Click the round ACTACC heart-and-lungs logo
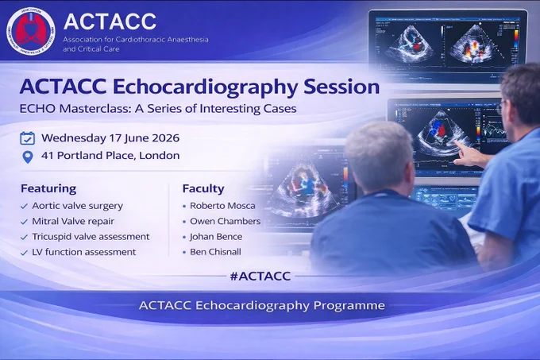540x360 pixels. click(30, 31)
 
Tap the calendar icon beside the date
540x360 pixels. click(27, 138)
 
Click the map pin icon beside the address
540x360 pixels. click(28, 157)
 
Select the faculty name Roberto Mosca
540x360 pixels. click(222, 206)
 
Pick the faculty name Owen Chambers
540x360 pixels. click(226, 221)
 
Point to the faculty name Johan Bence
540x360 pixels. click(216, 237)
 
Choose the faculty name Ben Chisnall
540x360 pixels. click(215, 252)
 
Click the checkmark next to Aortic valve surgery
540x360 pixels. click(24, 207)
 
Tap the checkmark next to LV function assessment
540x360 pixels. click(24, 253)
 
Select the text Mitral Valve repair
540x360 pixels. click(73, 221)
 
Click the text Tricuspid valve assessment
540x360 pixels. click(91, 237)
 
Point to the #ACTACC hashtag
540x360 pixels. click(260, 276)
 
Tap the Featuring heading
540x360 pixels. click(48, 189)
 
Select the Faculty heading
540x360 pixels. click(203, 189)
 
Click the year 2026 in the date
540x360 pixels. click(166, 138)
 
